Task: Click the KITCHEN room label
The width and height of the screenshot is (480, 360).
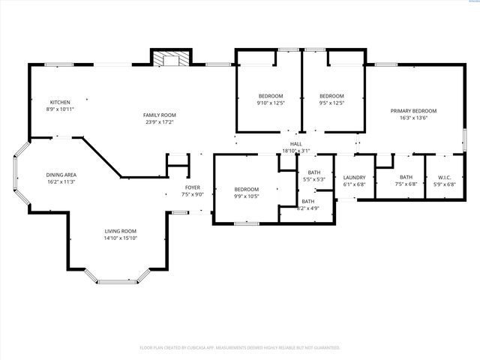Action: [x=61, y=102]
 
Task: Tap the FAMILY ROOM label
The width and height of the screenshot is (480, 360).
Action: [x=159, y=115]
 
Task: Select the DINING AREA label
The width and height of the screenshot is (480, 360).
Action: [x=62, y=175]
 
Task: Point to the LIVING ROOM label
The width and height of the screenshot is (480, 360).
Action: [x=120, y=231]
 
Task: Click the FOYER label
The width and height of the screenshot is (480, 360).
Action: [x=193, y=187]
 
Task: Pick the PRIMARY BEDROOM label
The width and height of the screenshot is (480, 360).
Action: [x=413, y=110]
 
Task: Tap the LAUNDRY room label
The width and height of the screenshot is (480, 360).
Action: [x=354, y=178]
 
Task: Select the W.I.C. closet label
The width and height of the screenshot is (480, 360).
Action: [x=443, y=178]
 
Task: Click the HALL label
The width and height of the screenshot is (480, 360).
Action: [x=296, y=144]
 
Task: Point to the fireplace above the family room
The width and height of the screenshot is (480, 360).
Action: [x=171, y=58]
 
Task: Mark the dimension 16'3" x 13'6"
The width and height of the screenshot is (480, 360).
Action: [x=413, y=118]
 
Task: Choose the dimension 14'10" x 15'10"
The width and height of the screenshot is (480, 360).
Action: [x=120, y=238]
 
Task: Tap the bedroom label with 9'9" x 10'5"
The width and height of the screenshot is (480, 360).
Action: [x=246, y=189]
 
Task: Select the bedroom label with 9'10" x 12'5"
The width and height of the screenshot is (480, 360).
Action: [x=271, y=95]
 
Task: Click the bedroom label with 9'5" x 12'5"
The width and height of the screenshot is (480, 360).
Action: [x=331, y=95]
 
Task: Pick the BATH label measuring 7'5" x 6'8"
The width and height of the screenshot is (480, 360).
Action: [x=406, y=178]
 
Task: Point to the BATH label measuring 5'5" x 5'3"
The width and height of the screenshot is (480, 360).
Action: [x=313, y=172]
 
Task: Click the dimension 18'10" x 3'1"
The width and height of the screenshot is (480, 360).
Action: [x=296, y=151]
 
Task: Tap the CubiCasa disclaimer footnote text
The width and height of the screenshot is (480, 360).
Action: [x=240, y=347]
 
